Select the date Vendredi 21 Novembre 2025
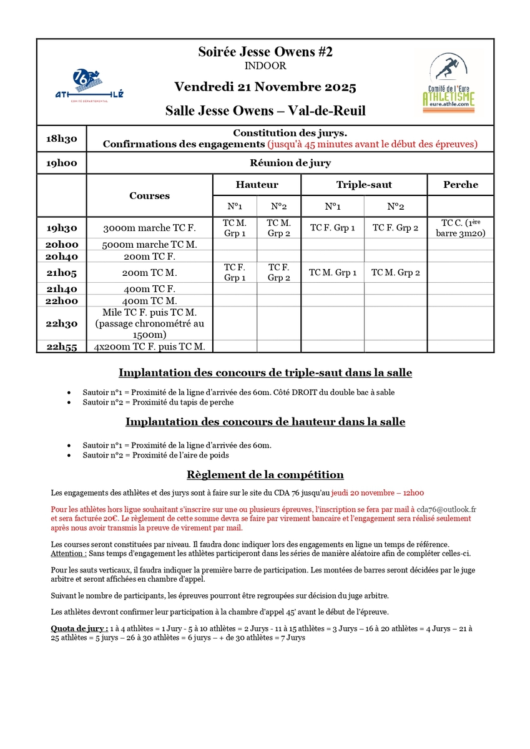pyautogui.click(x=265, y=87)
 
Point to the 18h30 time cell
pyautogui.click(x=61, y=139)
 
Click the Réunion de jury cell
pyautogui.click(x=290, y=163)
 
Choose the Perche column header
pyautogui.click(x=460, y=185)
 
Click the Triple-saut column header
pyautogui.click(x=364, y=185)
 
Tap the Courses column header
pyautogui.click(x=150, y=195)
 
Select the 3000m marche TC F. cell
pyautogui.click(x=150, y=228)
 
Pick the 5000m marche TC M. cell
pyautogui.click(x=150, y=245)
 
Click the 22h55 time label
pyautogui.click(x=61, y=346)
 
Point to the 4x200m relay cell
pyautogui.click(x=150, y=346)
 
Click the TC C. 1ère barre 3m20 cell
pyautogui.click(x=460, y=228)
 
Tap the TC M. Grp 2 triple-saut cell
pyautogui.click(x=395, y=272)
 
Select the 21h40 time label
pyautogui.click(x=61, y=288)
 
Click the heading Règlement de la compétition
pyautogui.click(x=265, y=474)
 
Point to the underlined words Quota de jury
pyautogui.click(x=79, y=628)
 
